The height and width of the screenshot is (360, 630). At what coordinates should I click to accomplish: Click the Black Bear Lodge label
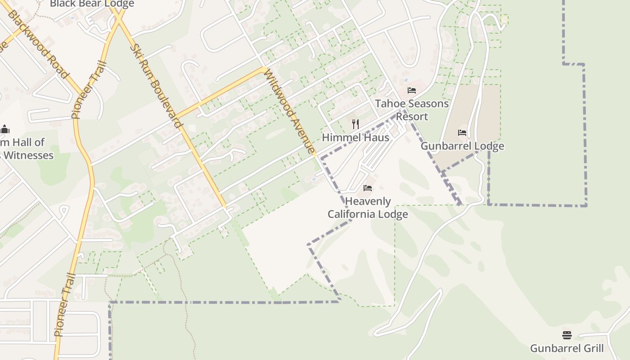coord(92,4)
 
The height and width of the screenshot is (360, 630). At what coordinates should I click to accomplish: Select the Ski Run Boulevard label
coord(157,85)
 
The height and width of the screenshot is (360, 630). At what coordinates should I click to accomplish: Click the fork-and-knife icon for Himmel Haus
coord(355,124)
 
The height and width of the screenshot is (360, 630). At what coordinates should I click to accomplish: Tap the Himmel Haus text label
coord(355,138)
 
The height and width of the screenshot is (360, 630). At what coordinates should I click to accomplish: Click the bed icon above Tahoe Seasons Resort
coord(411,90)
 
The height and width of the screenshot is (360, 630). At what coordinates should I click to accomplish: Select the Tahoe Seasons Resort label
coord(412,110)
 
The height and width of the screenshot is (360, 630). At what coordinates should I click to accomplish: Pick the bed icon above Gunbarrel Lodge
coord(462,133)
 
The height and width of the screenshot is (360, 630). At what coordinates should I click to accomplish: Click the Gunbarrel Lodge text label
coord(462,146)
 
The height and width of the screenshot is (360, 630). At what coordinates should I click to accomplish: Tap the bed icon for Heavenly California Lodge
coord(368,188)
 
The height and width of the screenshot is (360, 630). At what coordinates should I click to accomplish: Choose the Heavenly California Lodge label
coord(368,207)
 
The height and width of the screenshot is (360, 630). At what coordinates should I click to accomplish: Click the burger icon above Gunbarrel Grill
coord(567,335)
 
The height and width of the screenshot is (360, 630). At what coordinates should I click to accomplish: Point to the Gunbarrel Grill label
coord(567,348)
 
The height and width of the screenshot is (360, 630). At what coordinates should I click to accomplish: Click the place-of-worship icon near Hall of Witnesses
coord(5,130)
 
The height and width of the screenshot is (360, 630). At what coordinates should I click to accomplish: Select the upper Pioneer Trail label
coord(89,90)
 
